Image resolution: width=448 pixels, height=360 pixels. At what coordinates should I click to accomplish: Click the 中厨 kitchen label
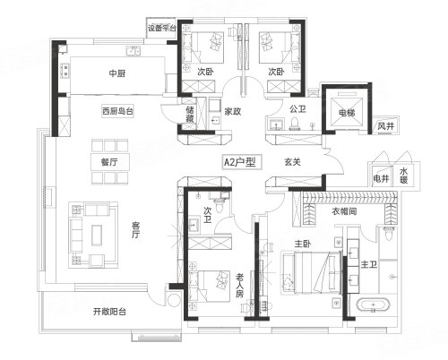coord(117,73)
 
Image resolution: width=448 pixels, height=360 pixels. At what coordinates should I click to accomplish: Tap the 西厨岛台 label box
coord(117,112)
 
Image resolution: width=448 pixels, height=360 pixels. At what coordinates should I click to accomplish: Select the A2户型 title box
coord(242,162)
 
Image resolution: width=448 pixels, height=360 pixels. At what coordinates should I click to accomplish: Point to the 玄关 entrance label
coord(292,162)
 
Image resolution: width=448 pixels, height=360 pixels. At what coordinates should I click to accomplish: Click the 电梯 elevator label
coord(347,113)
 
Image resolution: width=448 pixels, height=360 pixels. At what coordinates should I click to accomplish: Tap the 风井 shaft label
coord(386,126)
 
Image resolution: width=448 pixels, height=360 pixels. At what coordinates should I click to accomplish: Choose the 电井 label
coord(381,178)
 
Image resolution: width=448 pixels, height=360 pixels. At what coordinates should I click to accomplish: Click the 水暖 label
coord(403,176)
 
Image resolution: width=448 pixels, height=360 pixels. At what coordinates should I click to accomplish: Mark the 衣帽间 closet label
coord(344,211)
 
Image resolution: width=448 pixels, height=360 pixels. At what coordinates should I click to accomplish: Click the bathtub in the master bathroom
coord(373,305)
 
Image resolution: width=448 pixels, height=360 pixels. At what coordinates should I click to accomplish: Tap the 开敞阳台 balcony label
coord(109,312)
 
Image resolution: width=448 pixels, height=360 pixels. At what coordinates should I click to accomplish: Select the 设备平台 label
coord(162,28)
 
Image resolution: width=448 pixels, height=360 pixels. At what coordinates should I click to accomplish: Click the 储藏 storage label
coord(190,114)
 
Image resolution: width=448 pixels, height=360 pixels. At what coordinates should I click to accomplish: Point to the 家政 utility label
coord(233,111)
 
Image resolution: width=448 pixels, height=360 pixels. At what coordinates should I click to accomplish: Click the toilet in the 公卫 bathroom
coord(295,124)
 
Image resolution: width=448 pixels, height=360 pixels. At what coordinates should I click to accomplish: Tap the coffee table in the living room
coord(97,236)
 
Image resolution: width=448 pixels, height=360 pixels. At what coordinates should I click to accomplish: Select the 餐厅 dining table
coord(110,162)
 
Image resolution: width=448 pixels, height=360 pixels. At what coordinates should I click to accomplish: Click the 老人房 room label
coord(240,286)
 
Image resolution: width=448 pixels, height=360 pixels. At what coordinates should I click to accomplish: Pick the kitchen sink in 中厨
coord(134,51)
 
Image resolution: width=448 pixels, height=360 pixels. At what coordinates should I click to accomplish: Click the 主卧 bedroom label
coord(303,244)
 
